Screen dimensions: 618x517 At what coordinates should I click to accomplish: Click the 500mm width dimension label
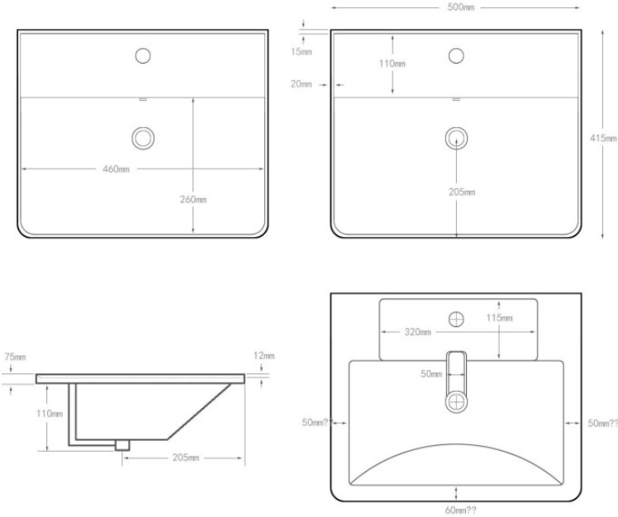[x=461, y=7]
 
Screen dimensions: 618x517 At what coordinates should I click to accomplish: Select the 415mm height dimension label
[x=603, y=138]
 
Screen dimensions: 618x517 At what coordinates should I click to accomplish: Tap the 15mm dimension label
[x=302, y=52]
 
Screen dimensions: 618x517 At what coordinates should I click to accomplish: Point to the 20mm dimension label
[x=302, y=84]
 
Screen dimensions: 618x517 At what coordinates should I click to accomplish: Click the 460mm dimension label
[x=116, y=169]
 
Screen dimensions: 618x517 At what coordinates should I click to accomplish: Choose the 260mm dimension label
[x=193, y=199]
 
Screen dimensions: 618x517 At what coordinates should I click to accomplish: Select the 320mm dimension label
[x=418, y=332]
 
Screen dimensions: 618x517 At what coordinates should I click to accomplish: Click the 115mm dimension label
[x=499, y=318]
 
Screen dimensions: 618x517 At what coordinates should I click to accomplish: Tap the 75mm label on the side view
[x=15, y=357]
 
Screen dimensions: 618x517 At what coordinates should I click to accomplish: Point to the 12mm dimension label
[x=264, y=356]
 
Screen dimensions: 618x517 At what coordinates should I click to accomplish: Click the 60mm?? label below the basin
[x=461, y=510]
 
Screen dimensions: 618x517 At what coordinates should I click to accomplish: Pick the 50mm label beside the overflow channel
[x=431, y=374]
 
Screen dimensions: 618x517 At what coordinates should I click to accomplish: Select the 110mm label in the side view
[x=50, y=414]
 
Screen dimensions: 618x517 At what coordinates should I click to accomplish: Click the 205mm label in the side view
[x=186, y=458]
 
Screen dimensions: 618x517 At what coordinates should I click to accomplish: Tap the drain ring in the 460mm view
[x=143, y=138]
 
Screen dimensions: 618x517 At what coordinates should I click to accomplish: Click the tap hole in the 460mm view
[x=143, y=56]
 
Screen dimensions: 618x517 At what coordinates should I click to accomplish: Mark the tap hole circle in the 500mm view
[x=456, y=56]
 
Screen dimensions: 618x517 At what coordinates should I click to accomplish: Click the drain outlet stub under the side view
[x=122, y=445]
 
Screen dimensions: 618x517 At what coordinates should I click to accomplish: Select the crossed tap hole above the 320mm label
[x=456, y=319]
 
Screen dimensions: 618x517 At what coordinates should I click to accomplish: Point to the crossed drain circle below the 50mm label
[x=456, y=402]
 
